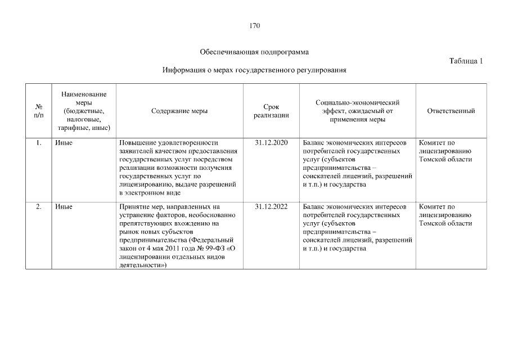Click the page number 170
pos(254,25)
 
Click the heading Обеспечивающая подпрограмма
pos(254,52)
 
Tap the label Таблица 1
pos(466,61)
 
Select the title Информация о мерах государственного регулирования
pos(254,70)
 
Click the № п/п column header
pos(39,111)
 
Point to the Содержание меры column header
pos(179,111)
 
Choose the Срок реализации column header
pos(271,111)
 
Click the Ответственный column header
pos(451,111)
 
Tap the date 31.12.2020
pos(271,143)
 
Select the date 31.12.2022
pos(271,206)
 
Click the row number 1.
pos(39,143)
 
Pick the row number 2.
pos(39,206)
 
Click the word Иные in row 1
pos(64,143)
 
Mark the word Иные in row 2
pos(64,206)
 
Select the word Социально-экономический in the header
pos(357,102)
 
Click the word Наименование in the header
pos(84,94)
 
